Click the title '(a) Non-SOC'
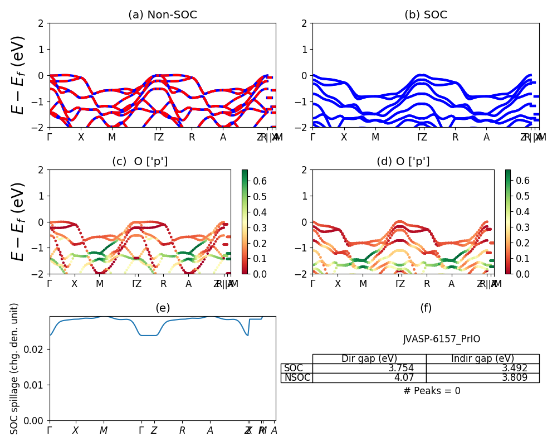pyautogui.click(x=162, y=15)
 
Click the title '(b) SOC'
pyautogui.click(x=426, y=15)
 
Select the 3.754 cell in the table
pyautogui.click(x=369, y=368)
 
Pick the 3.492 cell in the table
pyautogui.click(x=482, y=368)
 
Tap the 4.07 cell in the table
pyautogui.click(x=369, y=377)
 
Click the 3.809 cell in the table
pyautogui.click(x=482, y=377)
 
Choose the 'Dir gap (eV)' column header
pyautogui.click(x=369, y=358)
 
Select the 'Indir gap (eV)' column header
pyautogui.click(x=482, y=358)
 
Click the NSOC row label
pyautogui.click(x=296, y=377)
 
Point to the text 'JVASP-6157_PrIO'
pyautogui.click(x=441, y=339)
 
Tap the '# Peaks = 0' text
pyautogui.click(x=432, y=391)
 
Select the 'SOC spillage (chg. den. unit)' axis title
pyautogui.click(x=15, y=369)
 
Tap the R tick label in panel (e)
pyautogui.click(x=182, y=430)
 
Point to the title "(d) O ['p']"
pyautogui.click(x=403, y=162)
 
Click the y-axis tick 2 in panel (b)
pyautogui.click(x=305, y=23)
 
